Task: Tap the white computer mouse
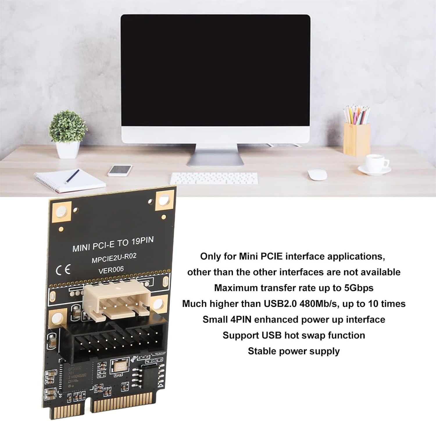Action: pos(317,175)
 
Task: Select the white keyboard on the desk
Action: pos(214,178)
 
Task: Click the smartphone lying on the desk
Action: pos(120,170)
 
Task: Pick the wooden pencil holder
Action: pos(357,139)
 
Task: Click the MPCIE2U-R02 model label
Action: pos(114,258)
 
